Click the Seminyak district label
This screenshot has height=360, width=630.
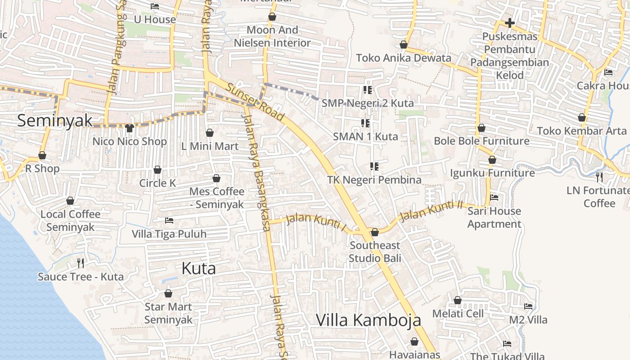[x=55, y=121]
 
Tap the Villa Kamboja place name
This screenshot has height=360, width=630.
[x=369, y=320]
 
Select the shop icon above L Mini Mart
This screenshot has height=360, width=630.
[x=209, y=133]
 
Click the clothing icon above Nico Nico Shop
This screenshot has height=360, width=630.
[x=130, y=128]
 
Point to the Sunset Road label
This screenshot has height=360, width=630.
[x=255, y=102]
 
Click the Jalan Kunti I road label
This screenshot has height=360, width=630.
[x=316, y=223]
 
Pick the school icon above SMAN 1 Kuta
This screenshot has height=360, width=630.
[x=365, y=123]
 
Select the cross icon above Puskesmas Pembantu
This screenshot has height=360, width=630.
[x=509, y=22]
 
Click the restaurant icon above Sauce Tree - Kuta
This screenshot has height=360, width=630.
[x=81, y=263]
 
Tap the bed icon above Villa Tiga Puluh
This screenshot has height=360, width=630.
[x=169, y=220]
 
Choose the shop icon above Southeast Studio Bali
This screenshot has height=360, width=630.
[x=374, y=232]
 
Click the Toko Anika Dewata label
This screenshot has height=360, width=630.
[x=403, y=58]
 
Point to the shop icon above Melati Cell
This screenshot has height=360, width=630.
[x=458, y=300]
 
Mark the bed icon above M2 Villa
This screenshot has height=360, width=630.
[x=528, y=306]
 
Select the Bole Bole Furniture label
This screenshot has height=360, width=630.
[x=481, y=141]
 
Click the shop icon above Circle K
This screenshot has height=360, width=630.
[x=157, y=170]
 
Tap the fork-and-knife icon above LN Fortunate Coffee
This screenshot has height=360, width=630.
[x=599, y=177]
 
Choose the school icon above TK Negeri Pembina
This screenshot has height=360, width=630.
[x=374, y=166]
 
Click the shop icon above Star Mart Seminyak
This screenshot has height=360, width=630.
[x=168, y=294]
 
